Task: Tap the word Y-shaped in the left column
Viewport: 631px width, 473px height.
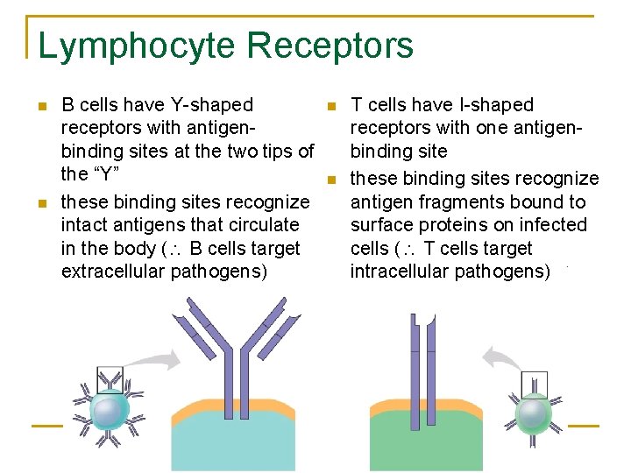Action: (x=213, y=105)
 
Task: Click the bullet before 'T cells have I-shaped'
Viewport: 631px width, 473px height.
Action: (x=330, y=107)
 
